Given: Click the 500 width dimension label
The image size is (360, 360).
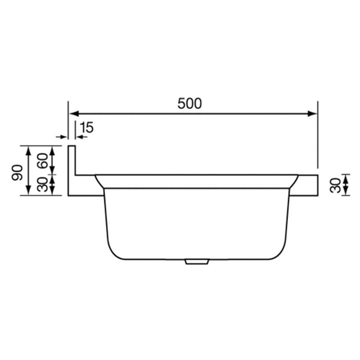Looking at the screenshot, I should tap(189, 103).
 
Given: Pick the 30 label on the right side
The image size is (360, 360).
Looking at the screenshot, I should tap(334, 185).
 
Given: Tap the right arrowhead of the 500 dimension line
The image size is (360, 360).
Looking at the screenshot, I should tap(313, 114).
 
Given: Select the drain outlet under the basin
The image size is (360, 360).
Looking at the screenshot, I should tap(196, 261).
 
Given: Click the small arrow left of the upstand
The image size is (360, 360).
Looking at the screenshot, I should tap(60, 136).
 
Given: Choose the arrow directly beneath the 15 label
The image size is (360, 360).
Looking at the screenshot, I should tap(80, 136).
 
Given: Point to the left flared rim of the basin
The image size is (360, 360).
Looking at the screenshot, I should tap(99, 182).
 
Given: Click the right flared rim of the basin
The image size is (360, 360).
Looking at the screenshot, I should tap(293, 182).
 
